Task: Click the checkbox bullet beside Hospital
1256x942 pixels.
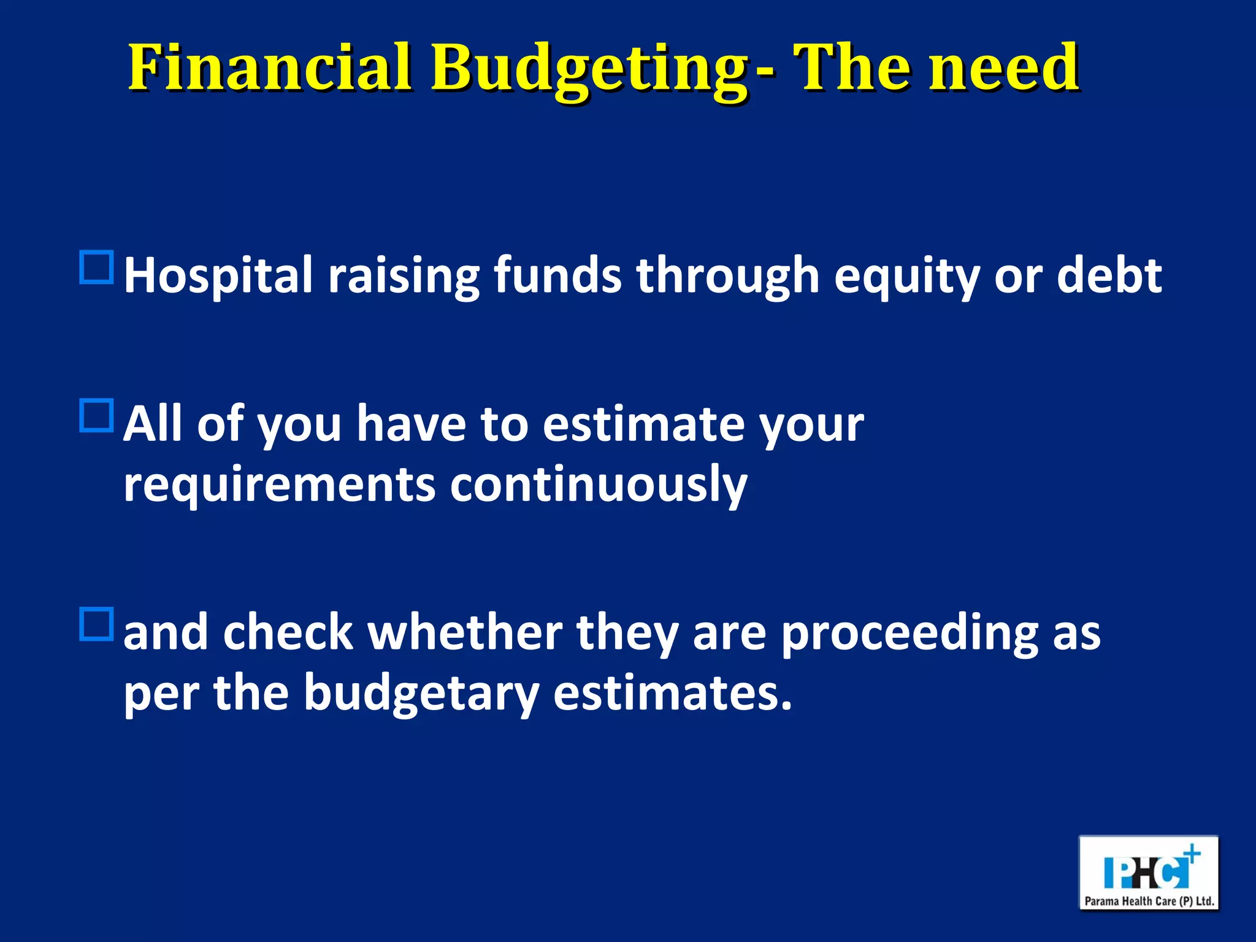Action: point(97,267)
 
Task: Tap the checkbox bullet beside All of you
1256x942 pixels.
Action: point(97,416)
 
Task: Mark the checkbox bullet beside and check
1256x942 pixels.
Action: point(97,624)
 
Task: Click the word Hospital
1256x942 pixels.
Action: point(218,276)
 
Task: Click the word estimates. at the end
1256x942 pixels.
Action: point(672,693)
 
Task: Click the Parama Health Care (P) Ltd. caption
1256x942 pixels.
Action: point(1149,901)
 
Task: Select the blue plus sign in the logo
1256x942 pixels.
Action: point(1192,853)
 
